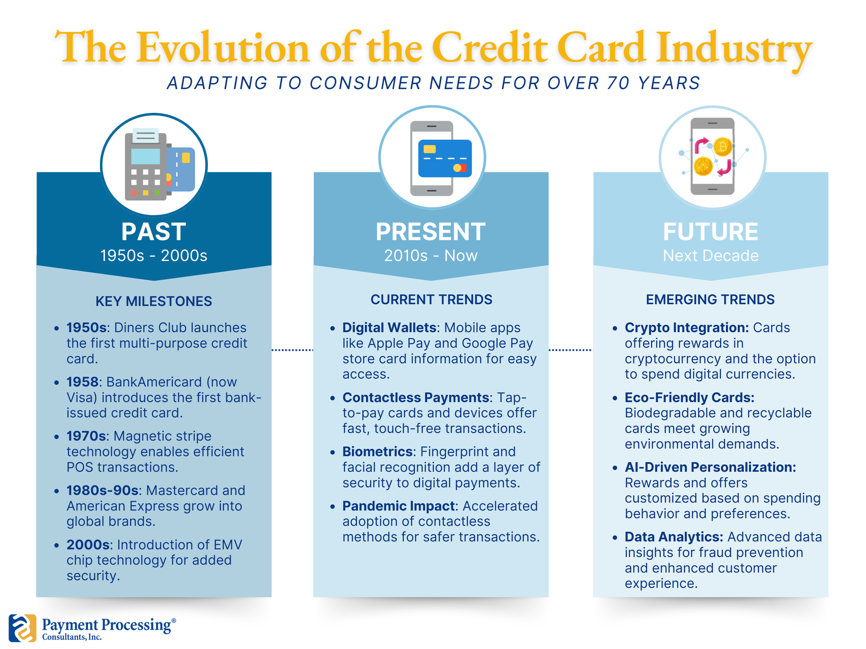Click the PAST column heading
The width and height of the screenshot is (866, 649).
pos(153,232)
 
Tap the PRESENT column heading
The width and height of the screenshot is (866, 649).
pos(431,232)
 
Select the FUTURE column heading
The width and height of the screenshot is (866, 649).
pos(710,232)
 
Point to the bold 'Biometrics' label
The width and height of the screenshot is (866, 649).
pos(378,452)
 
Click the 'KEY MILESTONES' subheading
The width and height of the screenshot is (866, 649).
pos(153,301)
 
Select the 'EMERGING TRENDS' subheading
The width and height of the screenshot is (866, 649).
pos(710,300)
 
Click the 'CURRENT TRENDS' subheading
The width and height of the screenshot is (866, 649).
pos(431,300)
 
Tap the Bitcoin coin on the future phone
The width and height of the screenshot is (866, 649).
pos(723,147)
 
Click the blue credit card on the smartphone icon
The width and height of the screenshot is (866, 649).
pos(445,159)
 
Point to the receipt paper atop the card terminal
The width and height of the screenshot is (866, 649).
pos(145,135)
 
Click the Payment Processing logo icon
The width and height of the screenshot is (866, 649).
pos(22,628)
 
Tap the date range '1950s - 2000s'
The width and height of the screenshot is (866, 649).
pos(153,256)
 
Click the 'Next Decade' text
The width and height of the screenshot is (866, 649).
pos(710,256)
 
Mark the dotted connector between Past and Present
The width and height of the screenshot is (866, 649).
pos(292,350)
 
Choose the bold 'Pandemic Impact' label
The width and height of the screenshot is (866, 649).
pos(398,506)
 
